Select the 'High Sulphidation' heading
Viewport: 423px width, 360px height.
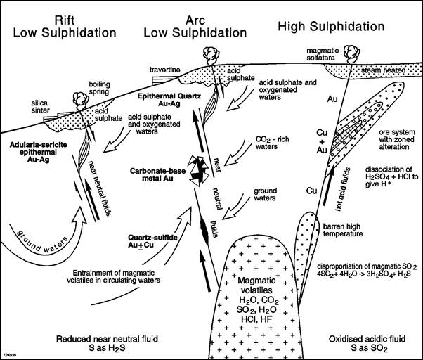click(340, 26)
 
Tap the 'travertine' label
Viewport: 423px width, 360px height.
click(167, 70)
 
